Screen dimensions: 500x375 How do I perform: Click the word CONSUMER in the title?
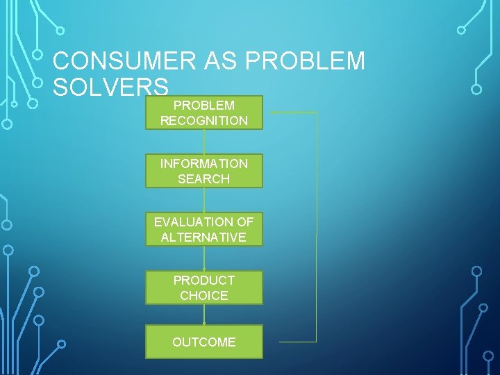click(121, 61)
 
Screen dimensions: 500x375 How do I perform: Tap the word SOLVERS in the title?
click(110, 87)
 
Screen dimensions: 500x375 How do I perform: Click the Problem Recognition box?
click(203, 112)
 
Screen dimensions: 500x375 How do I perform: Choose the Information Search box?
click(203, 171)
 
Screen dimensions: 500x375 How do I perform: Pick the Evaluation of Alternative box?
click(203, 229)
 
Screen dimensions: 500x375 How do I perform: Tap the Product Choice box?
click(203, 287)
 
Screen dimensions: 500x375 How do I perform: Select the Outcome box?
click(203, 342)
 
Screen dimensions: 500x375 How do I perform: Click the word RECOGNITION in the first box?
click(203, 121)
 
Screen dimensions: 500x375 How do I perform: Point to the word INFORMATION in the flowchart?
click(203, 164)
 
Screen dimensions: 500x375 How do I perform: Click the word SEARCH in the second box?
click(203, 179)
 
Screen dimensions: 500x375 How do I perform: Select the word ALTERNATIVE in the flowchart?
click(203, 237)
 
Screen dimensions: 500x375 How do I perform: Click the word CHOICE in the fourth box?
click(203, 296)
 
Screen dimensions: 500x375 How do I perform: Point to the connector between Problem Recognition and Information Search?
click(204, 142)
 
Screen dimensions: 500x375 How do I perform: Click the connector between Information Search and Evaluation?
click(204, 200)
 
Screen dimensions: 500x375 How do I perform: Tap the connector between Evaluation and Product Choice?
click(204, 258)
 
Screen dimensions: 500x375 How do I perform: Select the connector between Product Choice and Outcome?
click(204, 315)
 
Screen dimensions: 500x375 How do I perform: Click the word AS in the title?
click(215, 61)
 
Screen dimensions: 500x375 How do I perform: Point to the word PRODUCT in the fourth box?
click(203, 281)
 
